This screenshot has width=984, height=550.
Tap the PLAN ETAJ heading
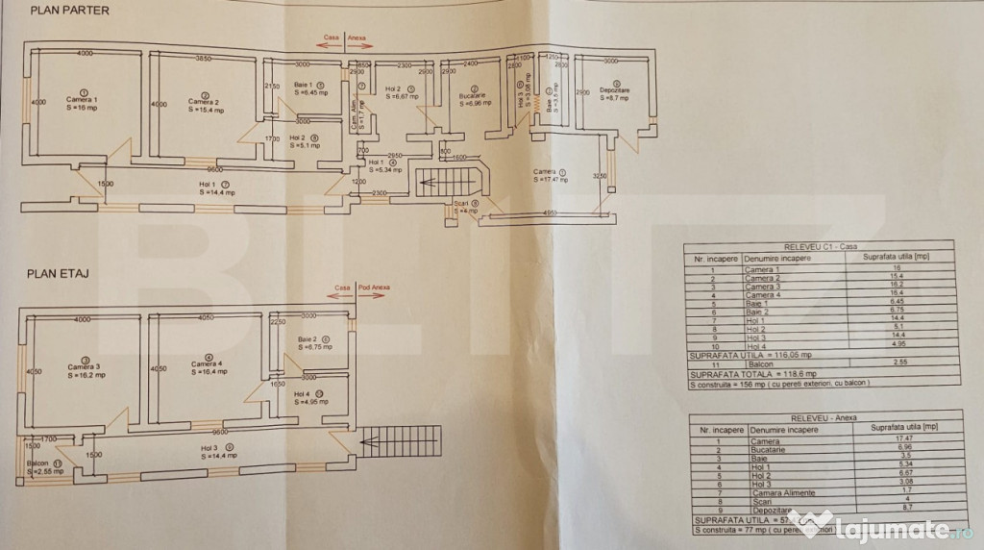click(x=59, y=274)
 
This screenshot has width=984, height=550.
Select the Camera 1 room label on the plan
click(x=82, y=101)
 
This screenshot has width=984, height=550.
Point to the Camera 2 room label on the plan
click(x=204, y=104)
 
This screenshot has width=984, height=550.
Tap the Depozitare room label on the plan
click(x=615, y=93)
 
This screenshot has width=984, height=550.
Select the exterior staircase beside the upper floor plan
click(x=393, y=441)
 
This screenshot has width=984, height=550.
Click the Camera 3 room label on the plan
click(x=86, y=369)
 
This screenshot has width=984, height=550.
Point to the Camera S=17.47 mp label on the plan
click(x=550, y=175)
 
